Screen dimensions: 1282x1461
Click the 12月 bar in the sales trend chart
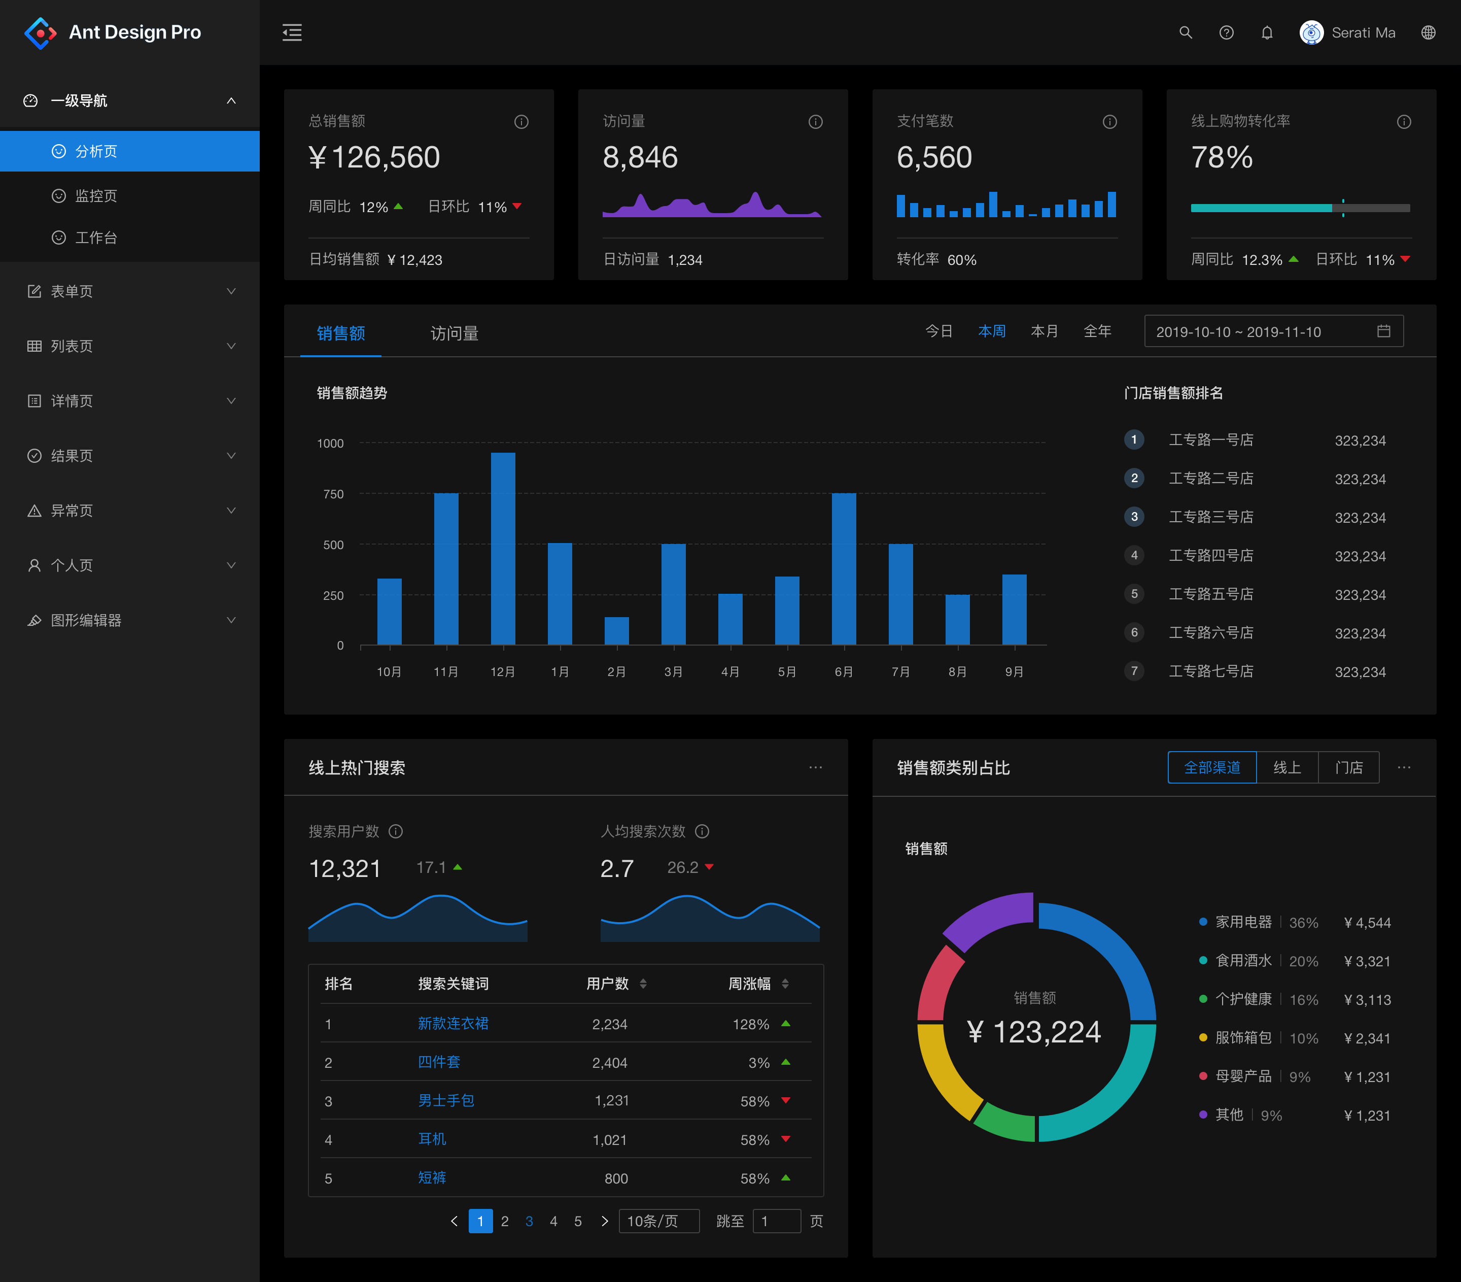click(x=503, y=549)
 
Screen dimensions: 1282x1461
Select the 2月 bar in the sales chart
click(x=616, y=631)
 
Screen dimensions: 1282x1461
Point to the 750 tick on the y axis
click(x=333, y=494)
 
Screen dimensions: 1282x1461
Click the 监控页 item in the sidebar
click(x=96, y=195)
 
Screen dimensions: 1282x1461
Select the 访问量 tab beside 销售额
click(x=454, y=333)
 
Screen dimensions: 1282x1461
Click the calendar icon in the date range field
click(x=1383, y=331)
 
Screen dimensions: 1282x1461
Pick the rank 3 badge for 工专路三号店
click(x=1134, y=516)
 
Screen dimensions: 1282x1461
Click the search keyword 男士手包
click(x=446, y=1100)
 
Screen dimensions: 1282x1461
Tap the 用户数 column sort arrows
click(x=643, y=984)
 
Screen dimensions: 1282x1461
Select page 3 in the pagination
click(x=529, y=1221)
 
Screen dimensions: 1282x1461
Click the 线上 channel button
click(x=1286, y=767)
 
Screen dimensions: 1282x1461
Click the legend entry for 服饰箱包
click(x=1243, y=1037)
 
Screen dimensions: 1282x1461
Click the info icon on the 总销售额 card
click(x=521, y=121)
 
